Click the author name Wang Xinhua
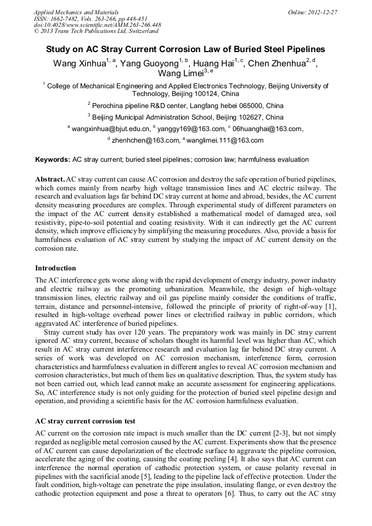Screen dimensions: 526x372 pos(79,64)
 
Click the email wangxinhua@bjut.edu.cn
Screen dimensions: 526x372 pos(110,129)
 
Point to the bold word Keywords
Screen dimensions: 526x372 pos(53,160)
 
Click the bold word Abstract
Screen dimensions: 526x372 pos(49,179)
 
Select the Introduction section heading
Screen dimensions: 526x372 pos(55,268)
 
